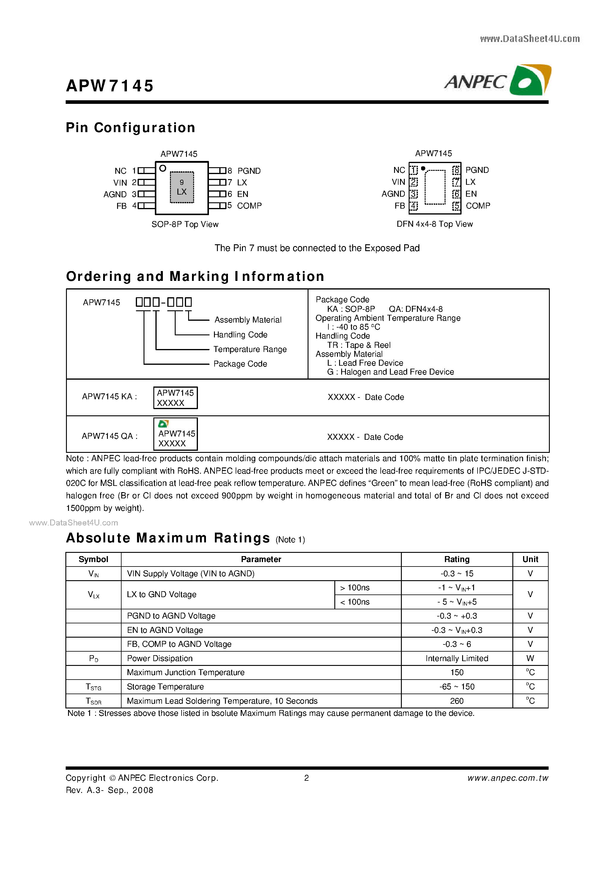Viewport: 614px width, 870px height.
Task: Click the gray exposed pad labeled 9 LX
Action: (x=182, y=187)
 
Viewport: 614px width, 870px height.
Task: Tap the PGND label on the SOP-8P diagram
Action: (x=249, y=171)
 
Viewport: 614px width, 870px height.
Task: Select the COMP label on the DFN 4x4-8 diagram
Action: (x=478, y=206)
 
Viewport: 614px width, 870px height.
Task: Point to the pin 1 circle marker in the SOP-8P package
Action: (x=163, y=168)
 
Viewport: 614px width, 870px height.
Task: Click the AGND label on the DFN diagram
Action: (x=393, y=194)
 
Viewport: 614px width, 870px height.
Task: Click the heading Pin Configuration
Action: (x=130, y=128)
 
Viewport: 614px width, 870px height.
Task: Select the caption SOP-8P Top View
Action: (x=185, y=224)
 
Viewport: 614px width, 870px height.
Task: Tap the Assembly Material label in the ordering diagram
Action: (x=248, y=320)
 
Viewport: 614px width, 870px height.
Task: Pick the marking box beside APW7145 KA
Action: (x=175, y=398)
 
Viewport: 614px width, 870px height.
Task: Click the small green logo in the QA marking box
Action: (x=163, y=424)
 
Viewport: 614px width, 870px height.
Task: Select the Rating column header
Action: (x=456, y=559)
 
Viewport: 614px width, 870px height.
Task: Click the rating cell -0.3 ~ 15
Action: (x=456, y=574)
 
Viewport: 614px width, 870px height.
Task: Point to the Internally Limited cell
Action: (x=456, y=658)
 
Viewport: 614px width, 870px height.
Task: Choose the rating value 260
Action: (x=456, y=701)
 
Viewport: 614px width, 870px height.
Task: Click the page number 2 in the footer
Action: (x=307, y=778)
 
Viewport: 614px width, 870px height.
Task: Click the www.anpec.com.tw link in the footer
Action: (x=507, y=778)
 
